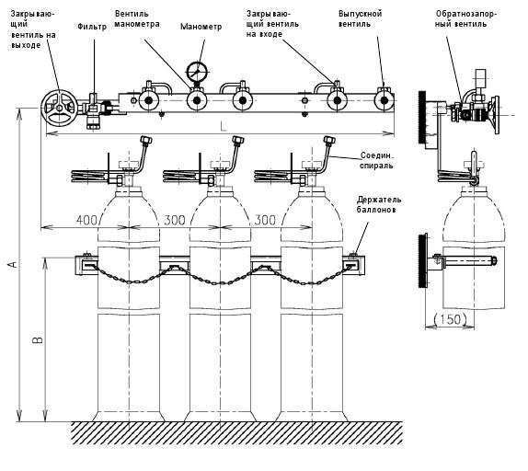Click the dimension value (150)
[449, 319]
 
